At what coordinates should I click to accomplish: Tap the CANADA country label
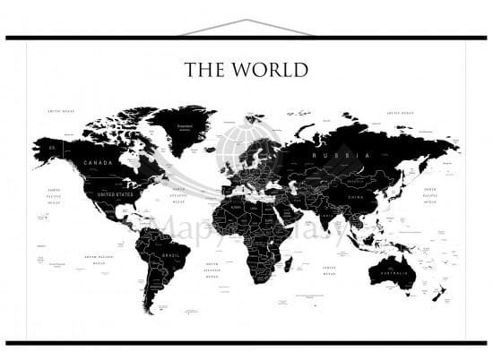tap(98, 163)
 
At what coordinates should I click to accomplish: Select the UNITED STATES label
tap(114, 193)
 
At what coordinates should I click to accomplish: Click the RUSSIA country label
tap(328, 156)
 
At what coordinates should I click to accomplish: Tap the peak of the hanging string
tap(246, 20)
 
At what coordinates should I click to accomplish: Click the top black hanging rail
tap(246, 38)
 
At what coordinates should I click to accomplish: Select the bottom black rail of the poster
tap(246, 343)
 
